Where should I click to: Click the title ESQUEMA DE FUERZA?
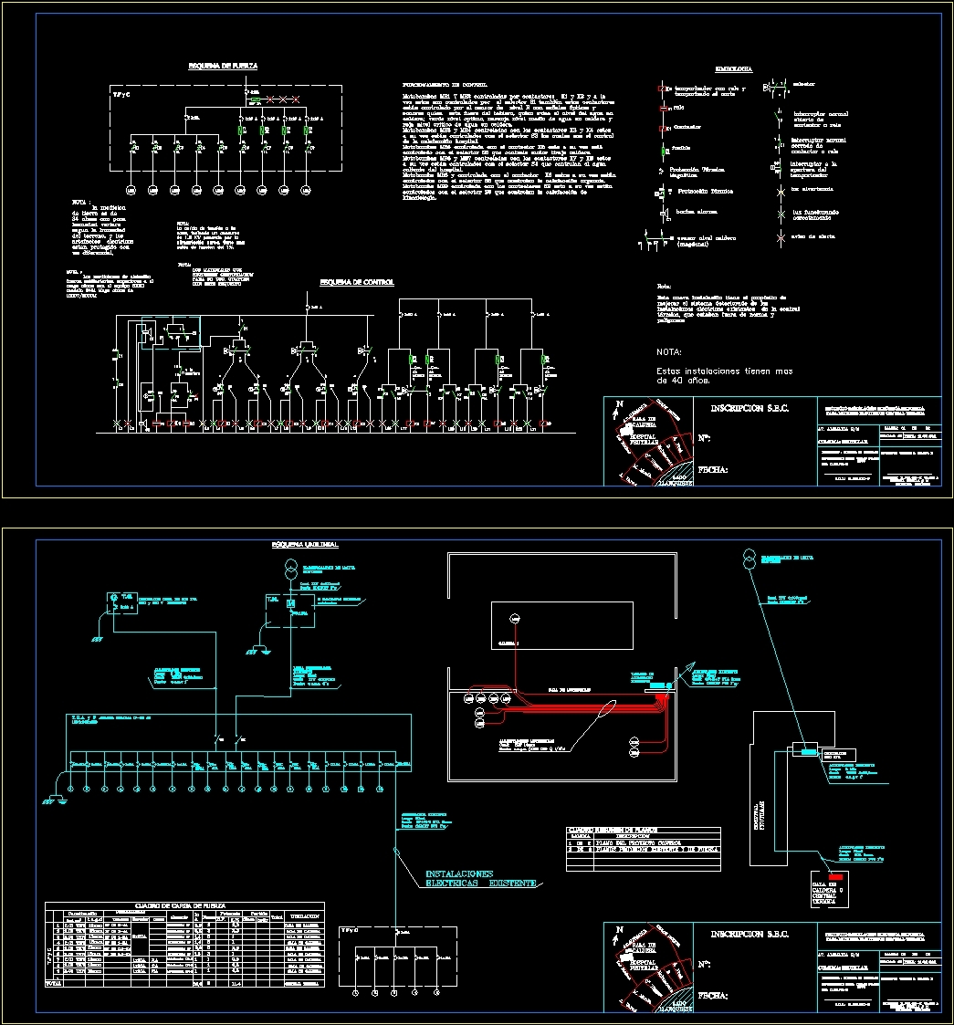coord(222,67)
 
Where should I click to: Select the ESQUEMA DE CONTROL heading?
coord(356,283)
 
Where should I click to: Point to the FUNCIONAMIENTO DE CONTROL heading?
coord(442,83)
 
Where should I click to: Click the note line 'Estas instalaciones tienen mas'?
coord(724,371)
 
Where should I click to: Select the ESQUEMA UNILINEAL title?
coord(305,545)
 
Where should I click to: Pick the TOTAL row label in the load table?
coord(56,984)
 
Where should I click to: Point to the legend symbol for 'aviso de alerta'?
coord(781,239)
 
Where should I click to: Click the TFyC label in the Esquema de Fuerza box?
coord(121,93)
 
